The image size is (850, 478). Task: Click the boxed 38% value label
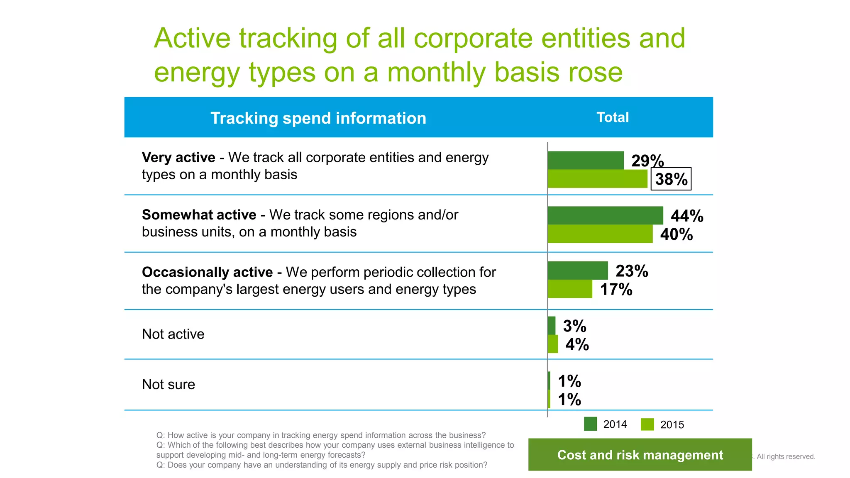[671, 179]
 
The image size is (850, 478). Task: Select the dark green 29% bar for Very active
[585, 160]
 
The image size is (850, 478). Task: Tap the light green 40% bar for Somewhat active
[600, 234]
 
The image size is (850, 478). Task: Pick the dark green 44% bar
[605, 215]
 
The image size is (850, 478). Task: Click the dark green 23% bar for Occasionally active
[577, 271]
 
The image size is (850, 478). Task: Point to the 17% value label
[616, 289]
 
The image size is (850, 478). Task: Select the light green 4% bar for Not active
[552, 344]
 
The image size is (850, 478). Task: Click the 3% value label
[574, 326]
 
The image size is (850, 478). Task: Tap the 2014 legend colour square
[590, 424]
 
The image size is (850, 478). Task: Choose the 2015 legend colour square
[647, 424]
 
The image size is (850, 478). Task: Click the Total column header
[613, 117]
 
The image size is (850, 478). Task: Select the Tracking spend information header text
[318, 118]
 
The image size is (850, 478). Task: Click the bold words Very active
[178, 158]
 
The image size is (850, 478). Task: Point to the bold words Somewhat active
[199, 215]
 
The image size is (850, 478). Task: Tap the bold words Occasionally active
[207, 272]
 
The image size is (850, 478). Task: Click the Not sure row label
[169, 384]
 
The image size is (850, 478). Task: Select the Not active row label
[173, 334]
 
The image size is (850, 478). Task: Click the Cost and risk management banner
[640, 455]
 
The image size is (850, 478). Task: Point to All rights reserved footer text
[786, 456]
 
